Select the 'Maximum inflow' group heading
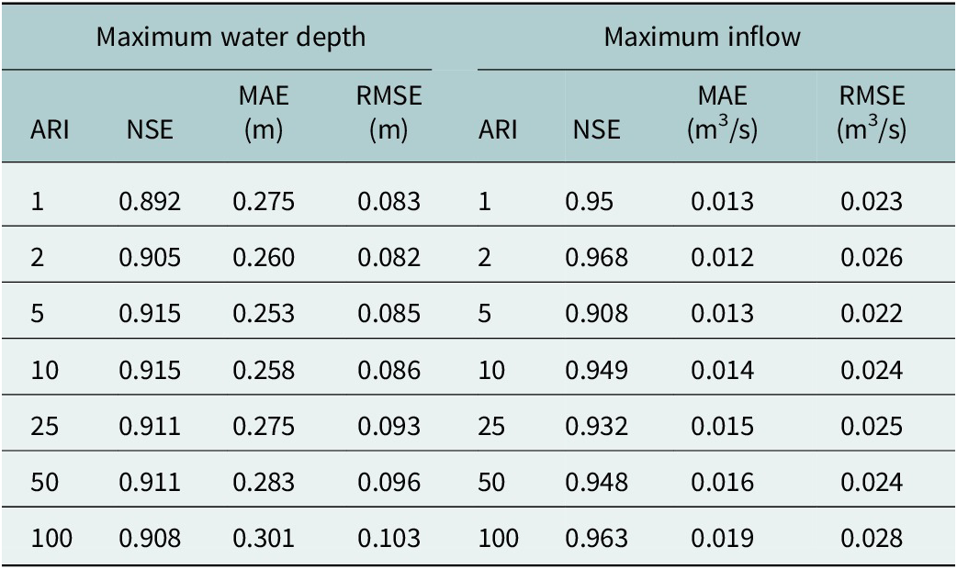click(702, 38)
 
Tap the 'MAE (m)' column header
click(264, 114)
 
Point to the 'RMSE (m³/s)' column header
click(872, 114)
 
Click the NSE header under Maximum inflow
click(595, 131)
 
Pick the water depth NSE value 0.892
click(150, 201)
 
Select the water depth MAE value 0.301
click(264, 539)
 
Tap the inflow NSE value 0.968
click(596, 258)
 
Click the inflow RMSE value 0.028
click(872, 539)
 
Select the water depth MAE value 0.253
click(264, 314)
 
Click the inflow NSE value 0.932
click(596, 427)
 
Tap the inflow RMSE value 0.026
click(872, 258)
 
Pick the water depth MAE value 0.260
click(264, 258)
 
